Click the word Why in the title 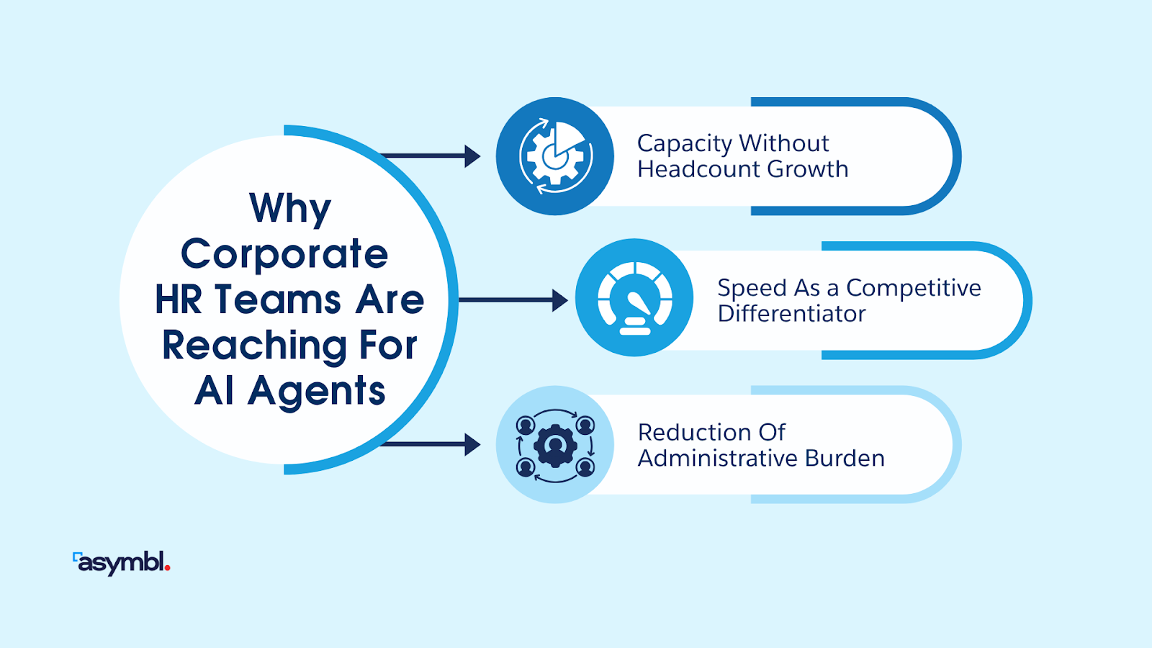290,208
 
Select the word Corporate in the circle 284,253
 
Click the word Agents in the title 316,391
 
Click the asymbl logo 121,562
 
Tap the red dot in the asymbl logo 168,568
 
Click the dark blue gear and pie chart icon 555,156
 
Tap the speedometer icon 634,298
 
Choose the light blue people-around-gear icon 555,445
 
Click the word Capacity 685,144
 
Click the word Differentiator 791,314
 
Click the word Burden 845,458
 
